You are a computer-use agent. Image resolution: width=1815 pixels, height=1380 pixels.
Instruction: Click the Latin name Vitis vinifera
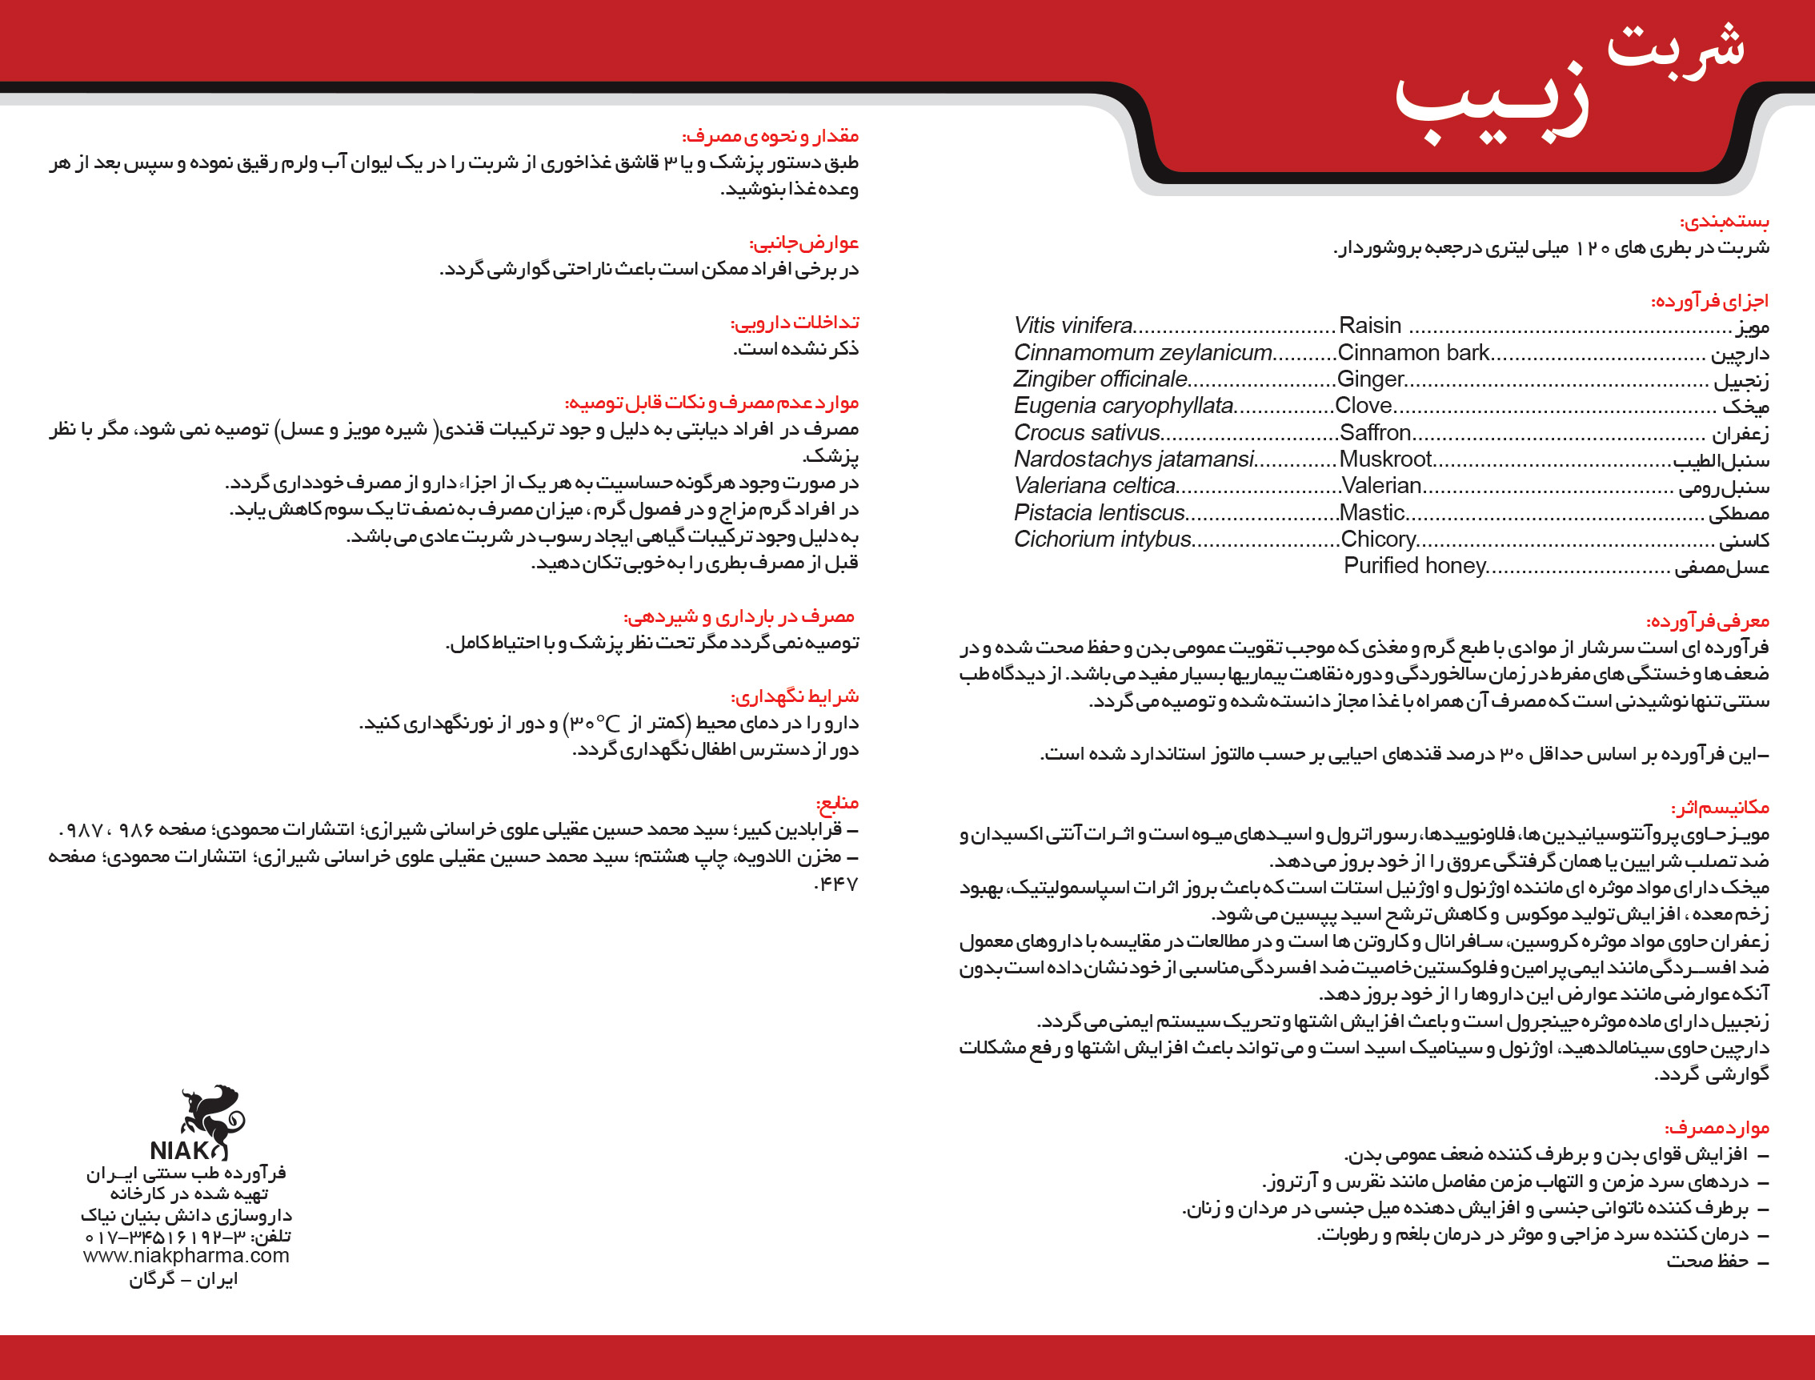coord(1072,325)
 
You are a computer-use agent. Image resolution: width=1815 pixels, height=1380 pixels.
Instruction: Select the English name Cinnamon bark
coord(1412,352)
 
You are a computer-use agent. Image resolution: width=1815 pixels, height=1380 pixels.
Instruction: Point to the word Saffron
coord(1375,432)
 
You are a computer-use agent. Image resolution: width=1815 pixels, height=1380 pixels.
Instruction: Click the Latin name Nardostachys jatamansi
coord(1133,459)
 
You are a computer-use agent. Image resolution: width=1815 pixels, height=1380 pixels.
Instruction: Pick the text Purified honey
coord(1414,565)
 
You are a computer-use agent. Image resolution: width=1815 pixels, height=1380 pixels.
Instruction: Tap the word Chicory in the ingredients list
coord(1378,539)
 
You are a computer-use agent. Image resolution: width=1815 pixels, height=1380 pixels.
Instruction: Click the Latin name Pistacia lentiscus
coord(1099,512)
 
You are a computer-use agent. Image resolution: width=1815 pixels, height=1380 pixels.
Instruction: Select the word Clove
coord(1364,405)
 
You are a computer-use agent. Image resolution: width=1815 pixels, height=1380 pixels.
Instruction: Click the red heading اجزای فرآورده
coord(1710,301)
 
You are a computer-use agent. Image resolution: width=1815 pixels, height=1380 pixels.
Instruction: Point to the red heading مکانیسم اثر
coord(1720,808)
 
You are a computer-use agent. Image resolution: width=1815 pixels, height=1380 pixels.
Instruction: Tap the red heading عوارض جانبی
coord(803,243)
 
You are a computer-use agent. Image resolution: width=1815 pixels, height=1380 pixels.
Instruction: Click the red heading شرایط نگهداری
coord(794,696)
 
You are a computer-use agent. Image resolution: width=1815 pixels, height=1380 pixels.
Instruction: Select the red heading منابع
coord(836,803)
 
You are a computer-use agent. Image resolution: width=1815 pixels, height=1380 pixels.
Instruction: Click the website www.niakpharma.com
coord(186,1255)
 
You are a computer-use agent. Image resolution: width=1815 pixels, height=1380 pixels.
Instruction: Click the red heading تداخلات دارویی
coord(794,322)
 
